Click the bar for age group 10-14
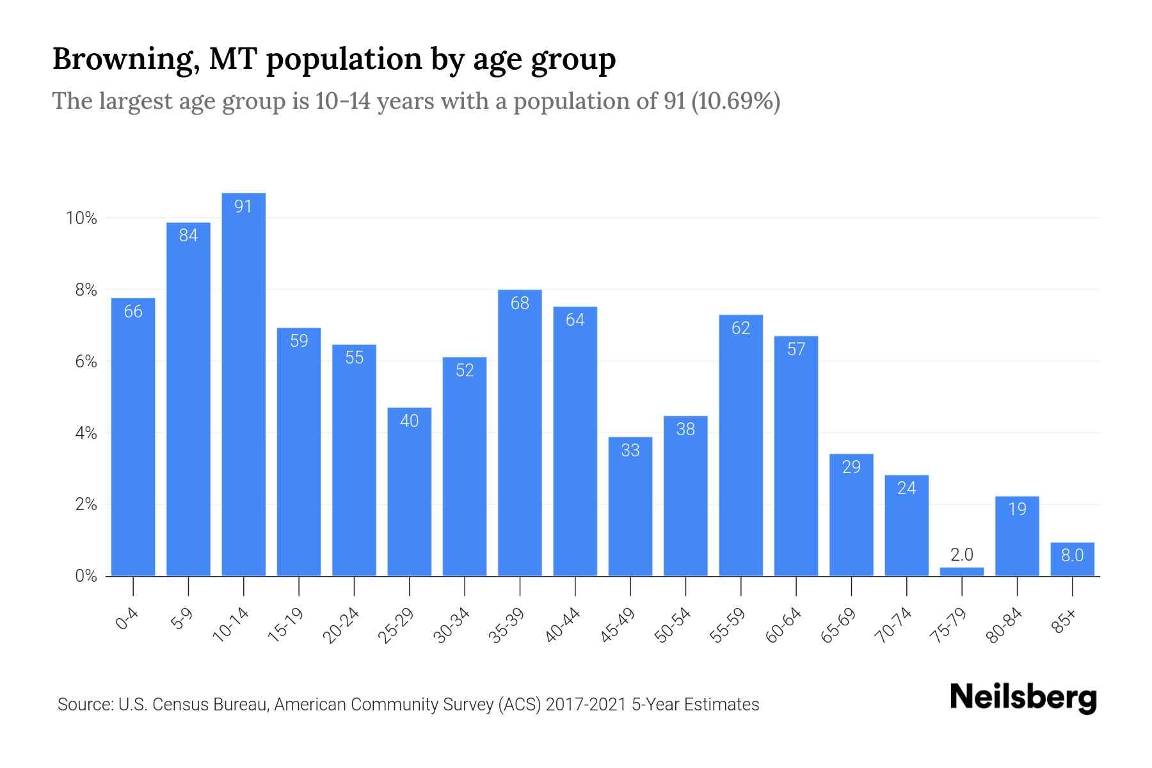243,384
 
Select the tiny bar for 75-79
961,572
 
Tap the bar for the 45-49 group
630,506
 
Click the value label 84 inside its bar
188,236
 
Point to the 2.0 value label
961,555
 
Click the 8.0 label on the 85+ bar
1072,556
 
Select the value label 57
796,349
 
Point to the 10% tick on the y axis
81,219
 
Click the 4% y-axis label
86,434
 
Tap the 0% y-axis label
86,577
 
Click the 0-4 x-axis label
127,619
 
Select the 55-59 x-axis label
728,625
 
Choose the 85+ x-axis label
1064,621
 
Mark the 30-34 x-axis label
452,625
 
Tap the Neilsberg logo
1023,698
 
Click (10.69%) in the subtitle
735,101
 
